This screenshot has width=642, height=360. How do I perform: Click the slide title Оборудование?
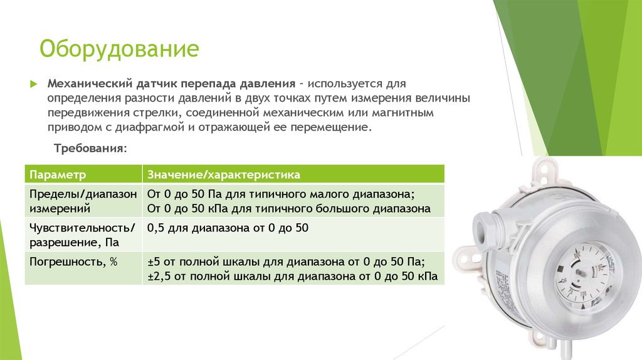tap(120, 48)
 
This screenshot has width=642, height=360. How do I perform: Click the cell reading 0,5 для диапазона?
tap(227, 227)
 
